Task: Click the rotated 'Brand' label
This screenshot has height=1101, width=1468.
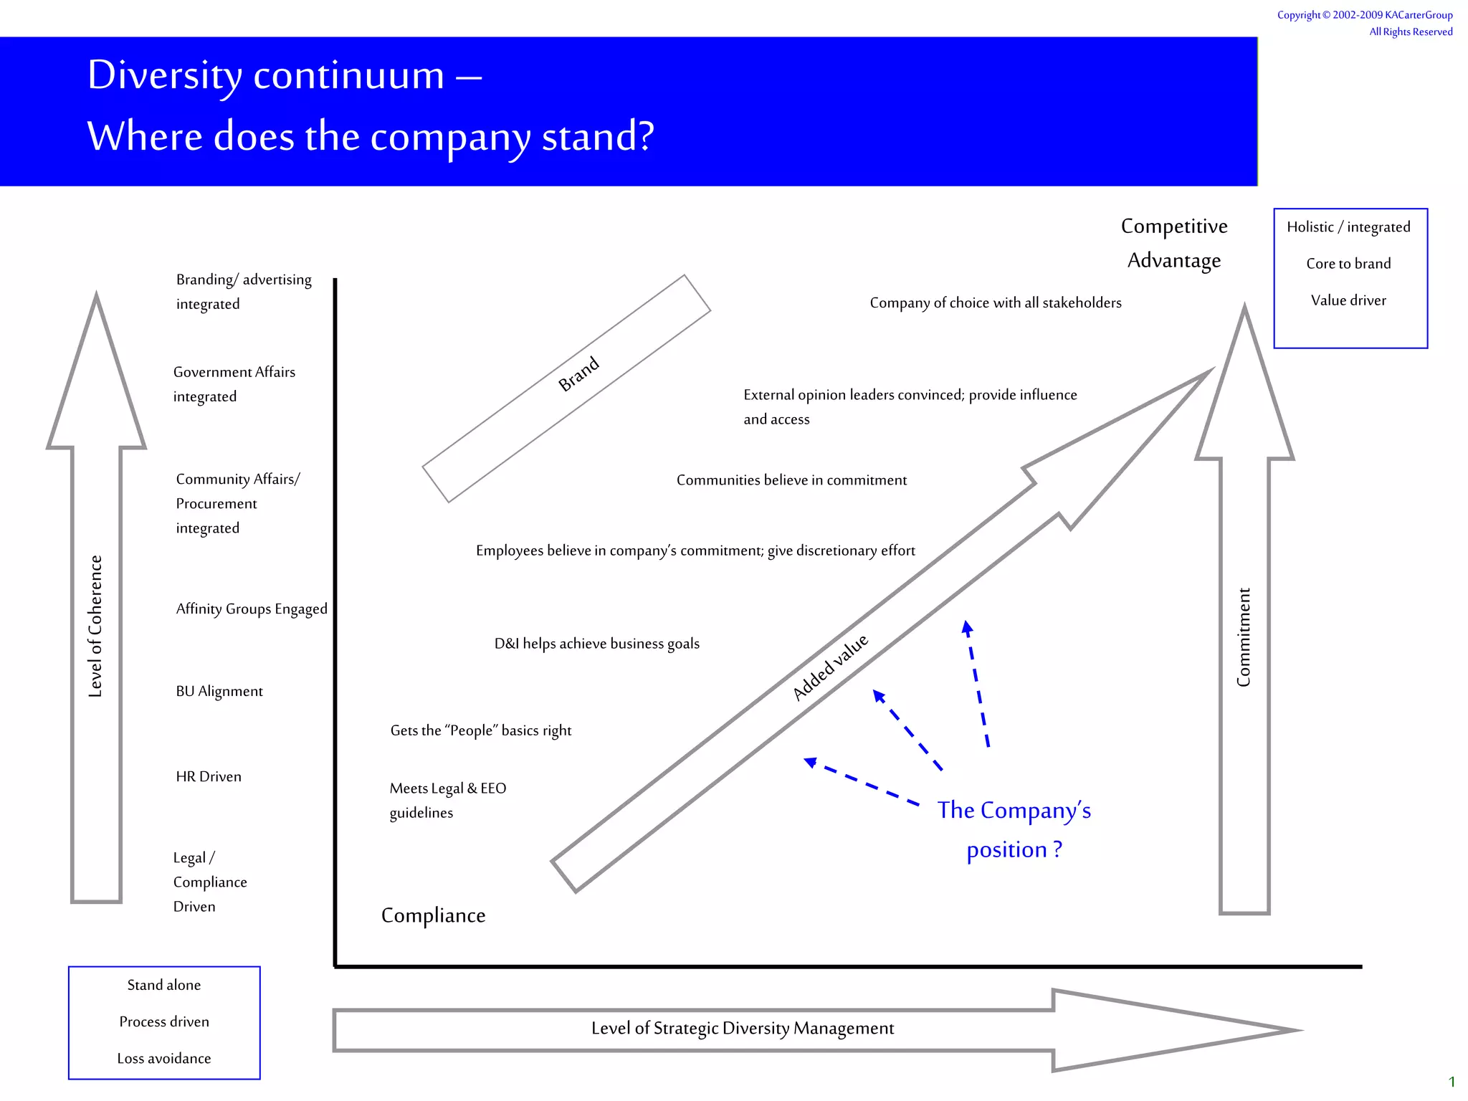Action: tap(578, 373)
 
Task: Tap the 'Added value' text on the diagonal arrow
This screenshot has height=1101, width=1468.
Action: tap(830, 667)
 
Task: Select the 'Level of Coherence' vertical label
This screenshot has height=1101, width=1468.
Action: tap(95, 626)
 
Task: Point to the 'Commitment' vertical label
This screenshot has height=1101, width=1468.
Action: tap(1244, 637)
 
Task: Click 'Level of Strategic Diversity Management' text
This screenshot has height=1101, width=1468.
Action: tap(743, 1029)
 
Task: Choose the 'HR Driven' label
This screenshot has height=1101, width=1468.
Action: tap(209, 777)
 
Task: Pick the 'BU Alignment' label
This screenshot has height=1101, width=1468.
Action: tap(219, 692)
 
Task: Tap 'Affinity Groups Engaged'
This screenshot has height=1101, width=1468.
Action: tap(252, 609)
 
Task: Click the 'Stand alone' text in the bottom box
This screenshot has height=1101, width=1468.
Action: tap(164, 986)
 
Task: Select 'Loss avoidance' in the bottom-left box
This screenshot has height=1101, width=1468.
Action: tap(164, 1059)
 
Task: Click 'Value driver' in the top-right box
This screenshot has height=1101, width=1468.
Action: tap(1348, 301)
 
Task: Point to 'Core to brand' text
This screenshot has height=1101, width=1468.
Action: tap(1348, 264)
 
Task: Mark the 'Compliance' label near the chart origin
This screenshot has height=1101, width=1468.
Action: tap(433, 916)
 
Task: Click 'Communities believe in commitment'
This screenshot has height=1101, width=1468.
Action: tap(791, 480)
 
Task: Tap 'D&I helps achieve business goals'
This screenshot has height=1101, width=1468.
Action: tap(597, 644)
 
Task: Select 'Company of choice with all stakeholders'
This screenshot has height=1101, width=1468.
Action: tap(996, 303)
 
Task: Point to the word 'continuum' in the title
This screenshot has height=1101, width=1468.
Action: tap(349, 75)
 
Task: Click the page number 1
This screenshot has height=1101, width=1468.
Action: tap(1452, 1082)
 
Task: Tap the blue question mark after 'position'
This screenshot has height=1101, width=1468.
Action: tap(1057, 849)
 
